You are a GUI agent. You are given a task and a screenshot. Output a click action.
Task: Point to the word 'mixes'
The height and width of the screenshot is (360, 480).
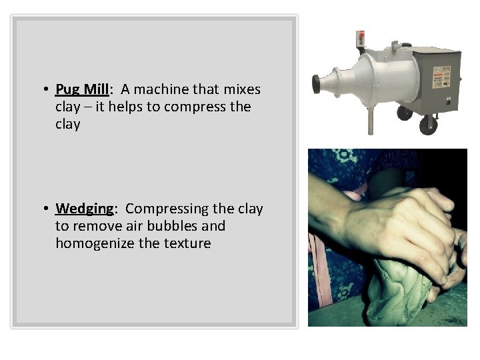[243, 89]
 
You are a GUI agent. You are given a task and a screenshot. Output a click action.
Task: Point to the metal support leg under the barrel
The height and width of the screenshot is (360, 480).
[370, 120]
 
